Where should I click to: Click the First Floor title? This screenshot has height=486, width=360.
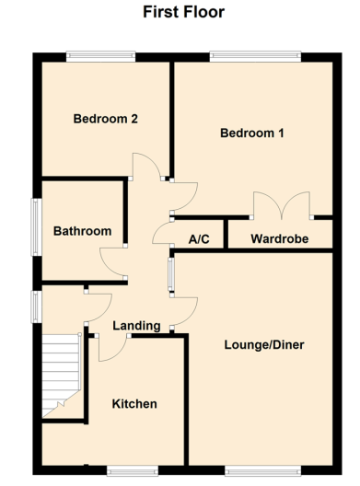pos(183,12)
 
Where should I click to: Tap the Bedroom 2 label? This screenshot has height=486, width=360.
pos(106,118)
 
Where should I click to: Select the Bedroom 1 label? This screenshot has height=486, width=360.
pos(251,133)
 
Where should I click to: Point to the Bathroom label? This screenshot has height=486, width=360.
pos(82,231)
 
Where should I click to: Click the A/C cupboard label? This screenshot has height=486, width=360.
pos(199,239)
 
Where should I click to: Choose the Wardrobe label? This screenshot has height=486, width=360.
pos(278,239)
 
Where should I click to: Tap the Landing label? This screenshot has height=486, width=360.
pos(136,326)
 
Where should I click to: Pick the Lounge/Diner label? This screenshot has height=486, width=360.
pos(263,345)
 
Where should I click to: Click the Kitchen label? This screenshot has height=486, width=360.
pos(134,404)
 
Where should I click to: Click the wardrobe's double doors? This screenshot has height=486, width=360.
pos(282,205)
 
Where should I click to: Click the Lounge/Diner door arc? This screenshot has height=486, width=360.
pos(184,308)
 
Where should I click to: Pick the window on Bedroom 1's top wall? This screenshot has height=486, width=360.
pos(254,56)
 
